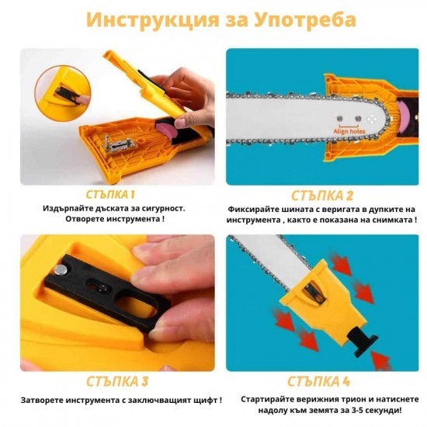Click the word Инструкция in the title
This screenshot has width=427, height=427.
(x=153, y=19)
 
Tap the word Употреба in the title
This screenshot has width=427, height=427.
(x=305, y=19)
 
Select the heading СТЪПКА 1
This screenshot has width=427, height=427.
(x=110, y=195)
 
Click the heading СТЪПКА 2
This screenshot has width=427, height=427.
(x=322, y=196)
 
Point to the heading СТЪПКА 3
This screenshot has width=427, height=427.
(x=117, y=381)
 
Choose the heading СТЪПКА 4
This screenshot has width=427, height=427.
(x=318, y=381)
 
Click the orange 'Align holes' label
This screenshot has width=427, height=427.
(x=349, y=131)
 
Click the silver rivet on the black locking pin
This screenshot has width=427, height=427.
(x=61, y=270)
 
